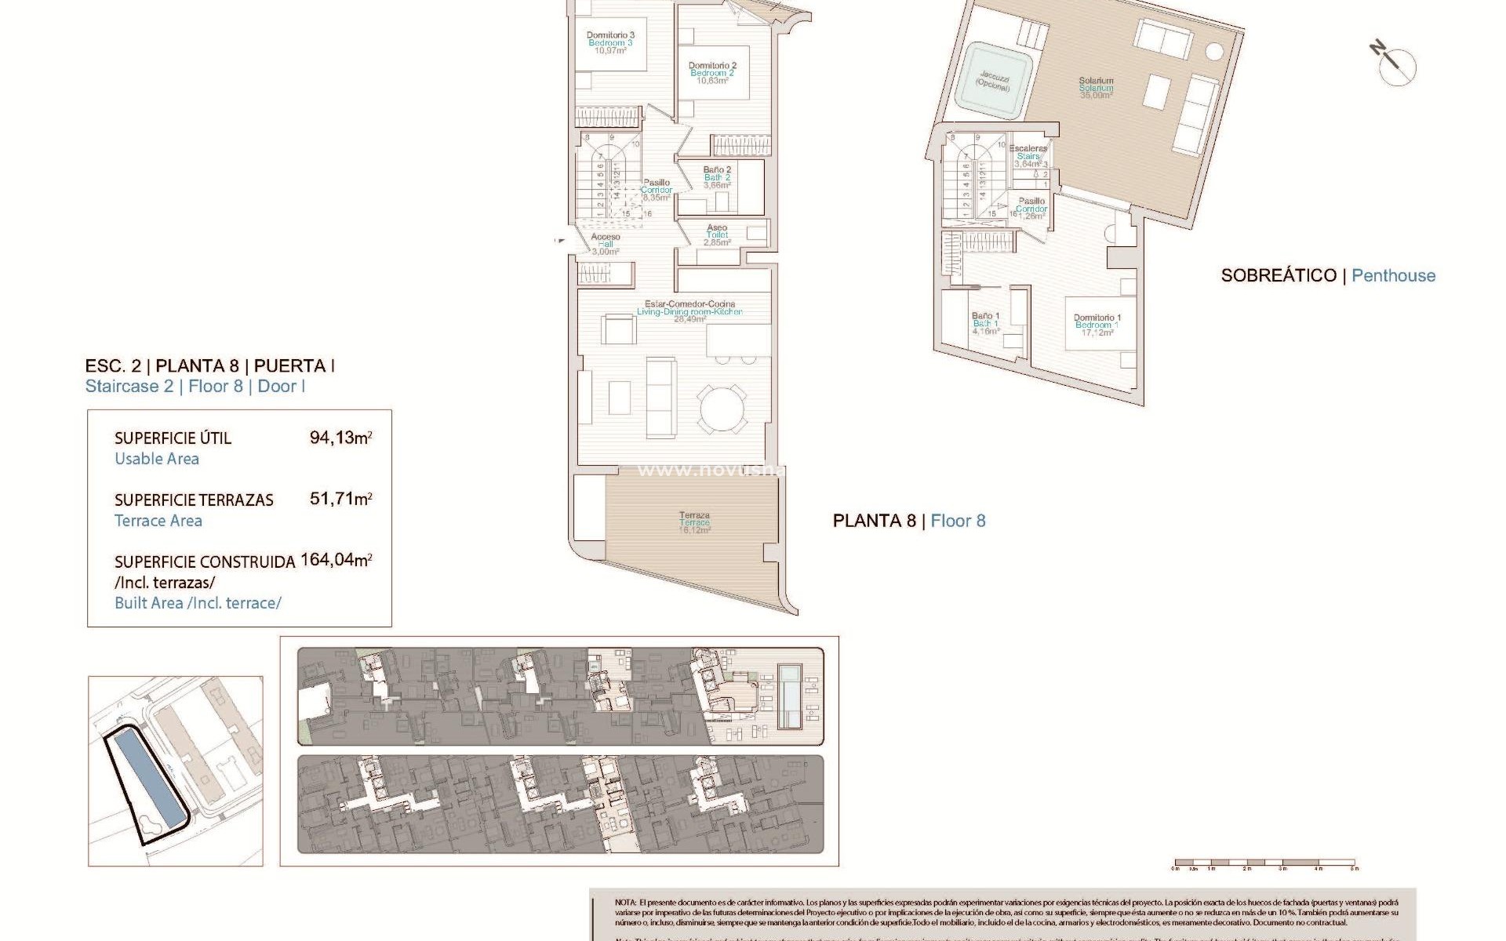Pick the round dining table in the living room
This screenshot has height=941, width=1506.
(x=724, y=407)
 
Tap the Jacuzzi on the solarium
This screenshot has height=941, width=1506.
(x=993, y=82)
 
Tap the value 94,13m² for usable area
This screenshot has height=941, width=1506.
(x=340, y=438)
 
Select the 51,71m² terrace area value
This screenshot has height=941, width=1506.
(x=340, y=499)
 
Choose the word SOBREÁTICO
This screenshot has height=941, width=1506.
(x=1279, y=275)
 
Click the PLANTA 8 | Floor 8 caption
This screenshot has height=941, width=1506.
(x=908, y=521)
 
